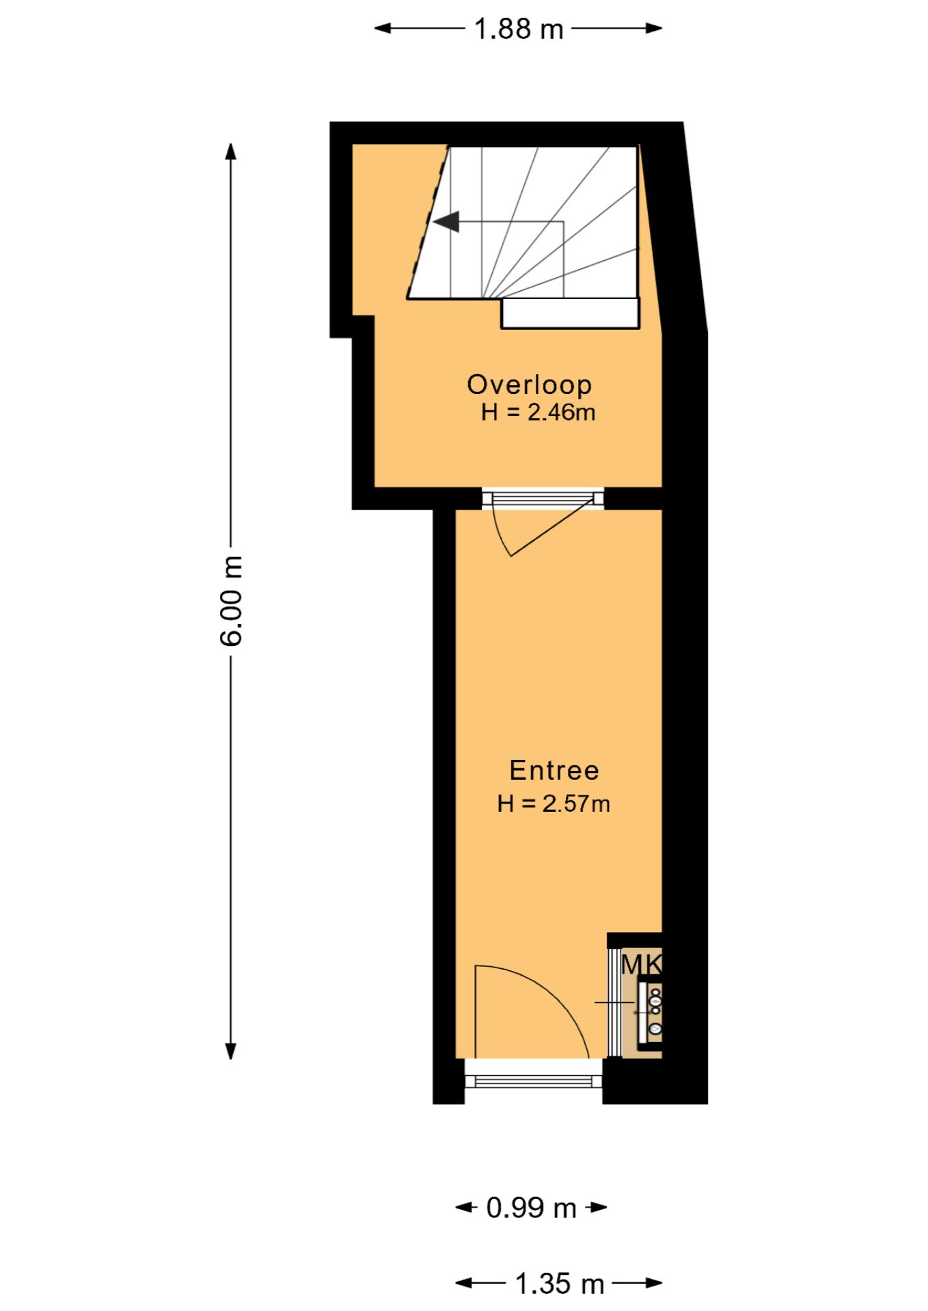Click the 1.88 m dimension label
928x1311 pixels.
click(519, 29)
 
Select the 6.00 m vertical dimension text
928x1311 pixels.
click(231, 600)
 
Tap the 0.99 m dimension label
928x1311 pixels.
click(531, 1208)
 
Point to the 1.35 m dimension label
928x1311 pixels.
click(559, 1284)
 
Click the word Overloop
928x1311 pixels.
click(529, 384)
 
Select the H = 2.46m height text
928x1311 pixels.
click(538, 412)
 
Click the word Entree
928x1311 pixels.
click(554, 770)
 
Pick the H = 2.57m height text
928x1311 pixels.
click(554, 804)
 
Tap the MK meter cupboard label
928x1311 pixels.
click(641, 965)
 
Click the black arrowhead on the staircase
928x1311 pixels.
click(447, 222)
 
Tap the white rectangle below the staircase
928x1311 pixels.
click(570, 313)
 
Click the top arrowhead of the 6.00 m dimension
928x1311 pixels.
click(231, 152)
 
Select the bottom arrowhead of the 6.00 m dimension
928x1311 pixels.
click(231, 1049)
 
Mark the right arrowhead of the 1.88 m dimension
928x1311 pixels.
click(653, 29)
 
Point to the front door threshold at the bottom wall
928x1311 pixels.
click(534, 1080)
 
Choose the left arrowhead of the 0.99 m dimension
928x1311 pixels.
click(465, 1207)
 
